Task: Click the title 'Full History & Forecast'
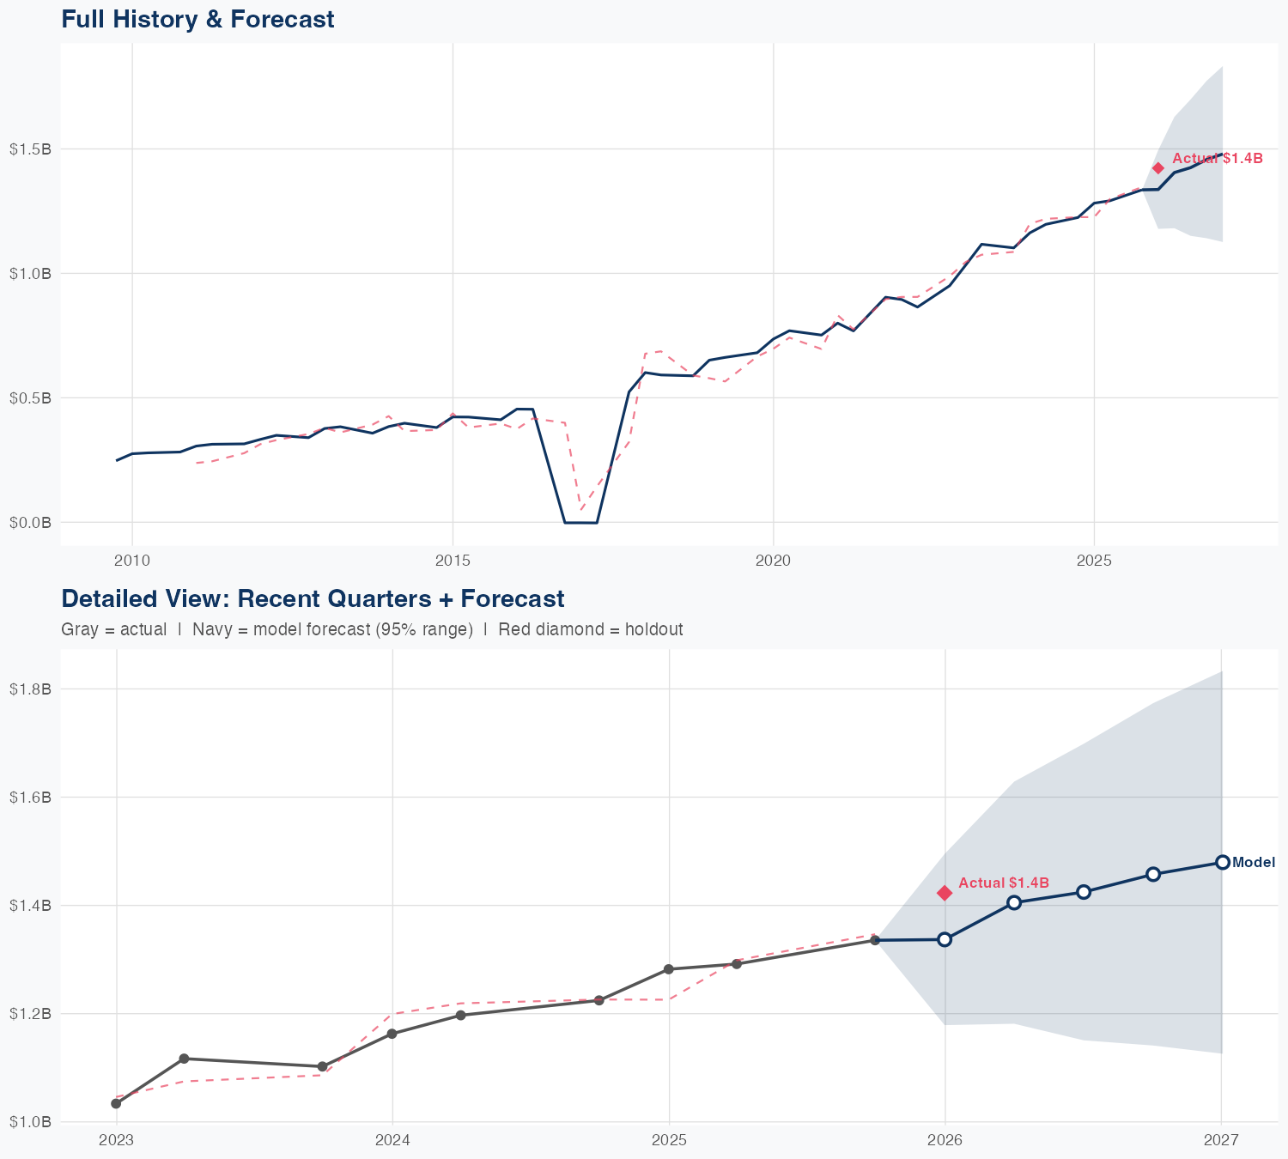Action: point(197,19)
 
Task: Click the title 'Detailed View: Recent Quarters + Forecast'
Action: point(313,598)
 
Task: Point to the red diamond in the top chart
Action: point(1157,168)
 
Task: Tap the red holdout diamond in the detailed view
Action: point(945,893)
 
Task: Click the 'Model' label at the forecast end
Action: point(1253,863)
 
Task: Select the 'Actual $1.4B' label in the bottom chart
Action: point(1003,883)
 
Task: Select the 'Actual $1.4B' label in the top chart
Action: point(1217,158)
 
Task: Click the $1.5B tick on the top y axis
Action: point(30,149)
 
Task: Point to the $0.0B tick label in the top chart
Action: point(30,522)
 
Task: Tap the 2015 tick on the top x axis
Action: point(453,561)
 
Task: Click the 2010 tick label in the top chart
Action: point(131,561)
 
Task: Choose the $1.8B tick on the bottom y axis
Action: point(30,689)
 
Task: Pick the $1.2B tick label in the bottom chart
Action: point(30,1013)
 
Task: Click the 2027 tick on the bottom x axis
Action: point(1221,1140)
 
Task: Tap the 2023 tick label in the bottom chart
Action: point(116,1140)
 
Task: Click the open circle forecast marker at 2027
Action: point(1222,862)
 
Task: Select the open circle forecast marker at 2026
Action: point(945,939)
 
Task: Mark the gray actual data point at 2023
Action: point(116,1103)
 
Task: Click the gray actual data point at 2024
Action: point(392,1034)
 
